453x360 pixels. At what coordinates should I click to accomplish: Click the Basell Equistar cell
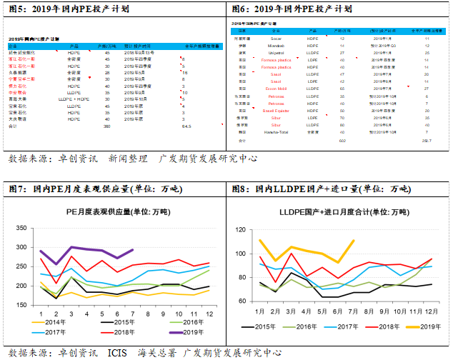[x=275, y=111]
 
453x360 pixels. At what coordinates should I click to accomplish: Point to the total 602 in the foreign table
[x=342, y=141]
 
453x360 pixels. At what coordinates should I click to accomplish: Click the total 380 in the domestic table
[x=107, y=126]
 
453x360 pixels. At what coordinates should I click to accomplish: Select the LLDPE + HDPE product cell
[x=71, y=99]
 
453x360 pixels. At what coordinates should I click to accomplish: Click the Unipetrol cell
[x=275, y=53]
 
